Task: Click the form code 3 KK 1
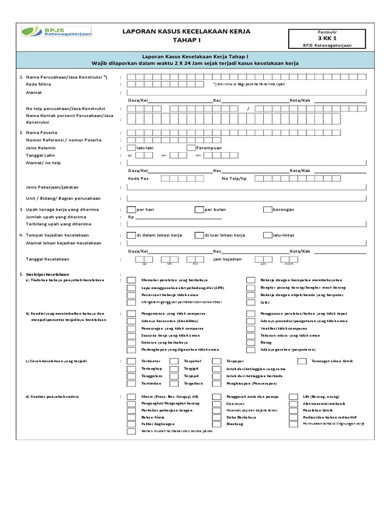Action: click(327, 38)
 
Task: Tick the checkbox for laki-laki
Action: click(131, 148)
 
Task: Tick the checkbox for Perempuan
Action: click(191, 148)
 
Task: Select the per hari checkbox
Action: click(131, 210)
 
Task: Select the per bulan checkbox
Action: click(199, 210)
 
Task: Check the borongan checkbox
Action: click(268, 210)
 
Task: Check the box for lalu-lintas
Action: click(268, 235)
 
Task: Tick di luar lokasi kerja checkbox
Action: click(199, 235)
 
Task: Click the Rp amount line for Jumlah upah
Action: click(178, 217)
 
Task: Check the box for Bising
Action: click(251, 343)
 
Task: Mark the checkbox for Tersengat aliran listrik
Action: click(302, 361)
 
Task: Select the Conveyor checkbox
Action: click(217, 403)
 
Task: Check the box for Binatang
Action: click(217, 424)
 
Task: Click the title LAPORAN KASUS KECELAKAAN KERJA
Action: click(186, 32)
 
